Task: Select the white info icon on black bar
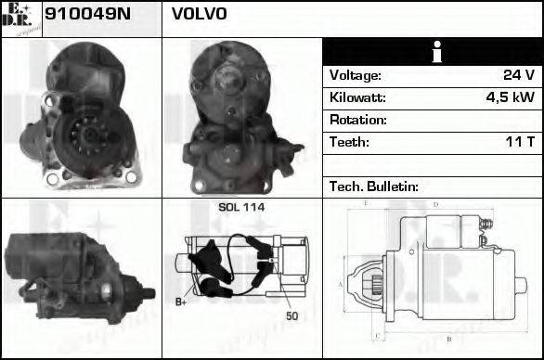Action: (x=433, y=53)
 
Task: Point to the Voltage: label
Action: (x=355, y=75)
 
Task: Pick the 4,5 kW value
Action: (x=510, y=97)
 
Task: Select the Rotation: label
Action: (x=357, y=120)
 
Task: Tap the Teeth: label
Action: (x=349, y=142)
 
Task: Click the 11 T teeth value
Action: (x=517, y=142)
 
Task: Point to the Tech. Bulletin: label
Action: (x=374, y=186)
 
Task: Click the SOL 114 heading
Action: (x=241, y=207)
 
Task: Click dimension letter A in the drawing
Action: (x=341, y=283)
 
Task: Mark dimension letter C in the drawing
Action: (x=376, y=335)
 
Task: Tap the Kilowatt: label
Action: (x=357, y=97)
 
